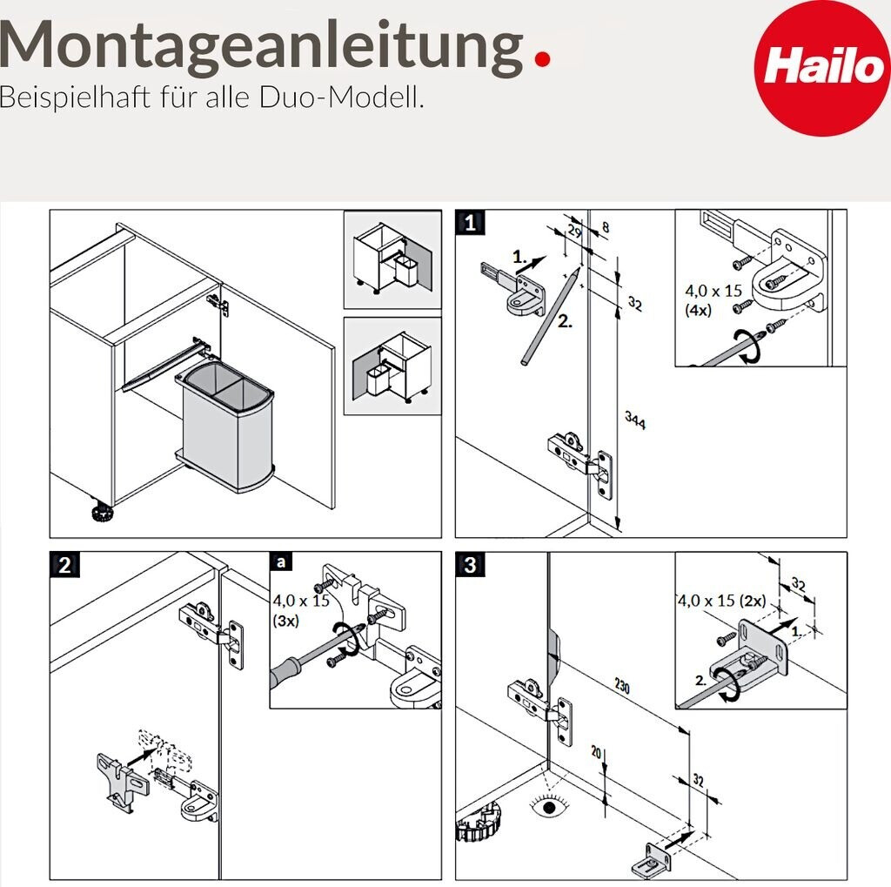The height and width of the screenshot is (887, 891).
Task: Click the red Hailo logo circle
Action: [822, 68]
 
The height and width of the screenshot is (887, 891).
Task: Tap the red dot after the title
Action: [543, 58]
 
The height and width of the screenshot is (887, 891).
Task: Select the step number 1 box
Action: [470, 222]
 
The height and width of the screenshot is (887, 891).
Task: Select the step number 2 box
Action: [64, 565]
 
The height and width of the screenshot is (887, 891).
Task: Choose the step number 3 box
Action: [470, 565]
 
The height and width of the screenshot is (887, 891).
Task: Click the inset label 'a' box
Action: [281, 562]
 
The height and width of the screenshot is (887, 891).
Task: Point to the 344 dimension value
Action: [634, 420]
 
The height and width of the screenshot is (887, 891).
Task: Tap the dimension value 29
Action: [574, 232]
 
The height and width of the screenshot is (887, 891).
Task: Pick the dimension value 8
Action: [606, 227]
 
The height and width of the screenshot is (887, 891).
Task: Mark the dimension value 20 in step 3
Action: [595, 752]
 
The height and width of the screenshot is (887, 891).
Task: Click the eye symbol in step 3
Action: [549, 807]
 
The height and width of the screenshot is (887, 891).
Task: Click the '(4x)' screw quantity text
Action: [699, 311]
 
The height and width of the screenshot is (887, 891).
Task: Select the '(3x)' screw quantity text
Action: [285, 621]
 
